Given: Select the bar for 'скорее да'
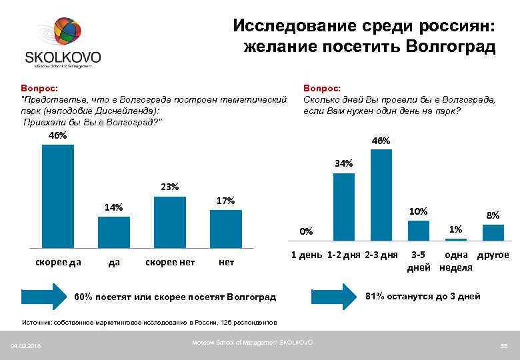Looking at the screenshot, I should pos(58,196).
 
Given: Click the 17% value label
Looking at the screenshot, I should pos(226,201).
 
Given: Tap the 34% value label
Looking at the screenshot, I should pos(343,163).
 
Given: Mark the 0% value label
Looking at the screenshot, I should pos(306,231).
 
